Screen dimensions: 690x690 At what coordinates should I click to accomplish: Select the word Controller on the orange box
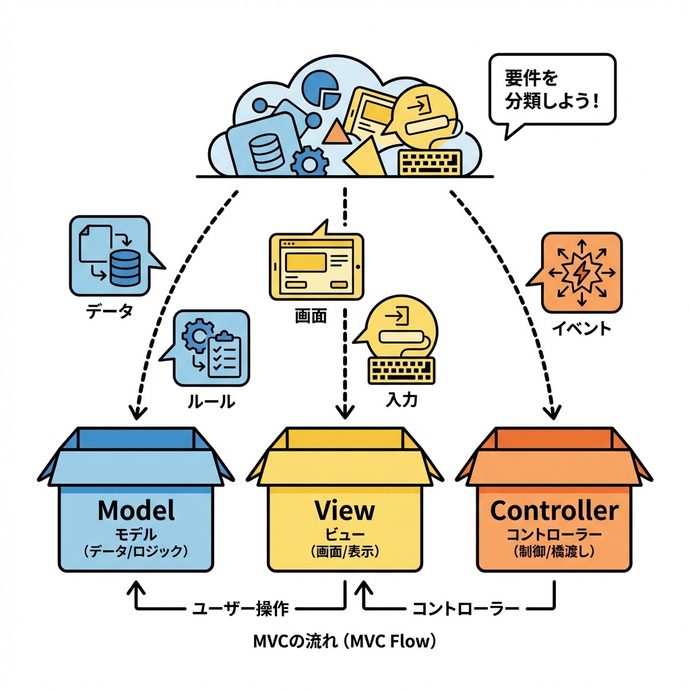point(554,510)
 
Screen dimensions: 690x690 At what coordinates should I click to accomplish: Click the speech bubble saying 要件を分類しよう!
point(552,90)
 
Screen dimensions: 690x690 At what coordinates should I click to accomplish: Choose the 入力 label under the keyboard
point(402,400)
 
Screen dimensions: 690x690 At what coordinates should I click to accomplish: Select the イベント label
point(582,329)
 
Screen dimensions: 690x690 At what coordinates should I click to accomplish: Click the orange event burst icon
point(580,272)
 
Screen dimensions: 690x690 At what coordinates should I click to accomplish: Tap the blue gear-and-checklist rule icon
point(210,348)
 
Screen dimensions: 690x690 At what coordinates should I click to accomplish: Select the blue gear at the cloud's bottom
point(311,162)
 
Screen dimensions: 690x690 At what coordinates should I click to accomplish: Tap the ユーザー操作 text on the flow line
point(240,608)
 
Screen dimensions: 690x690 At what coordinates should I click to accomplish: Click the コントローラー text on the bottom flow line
point(465,608)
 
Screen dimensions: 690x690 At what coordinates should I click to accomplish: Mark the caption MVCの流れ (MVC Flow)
point(344,641)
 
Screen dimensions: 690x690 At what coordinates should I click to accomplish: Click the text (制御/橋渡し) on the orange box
point(554,551)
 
